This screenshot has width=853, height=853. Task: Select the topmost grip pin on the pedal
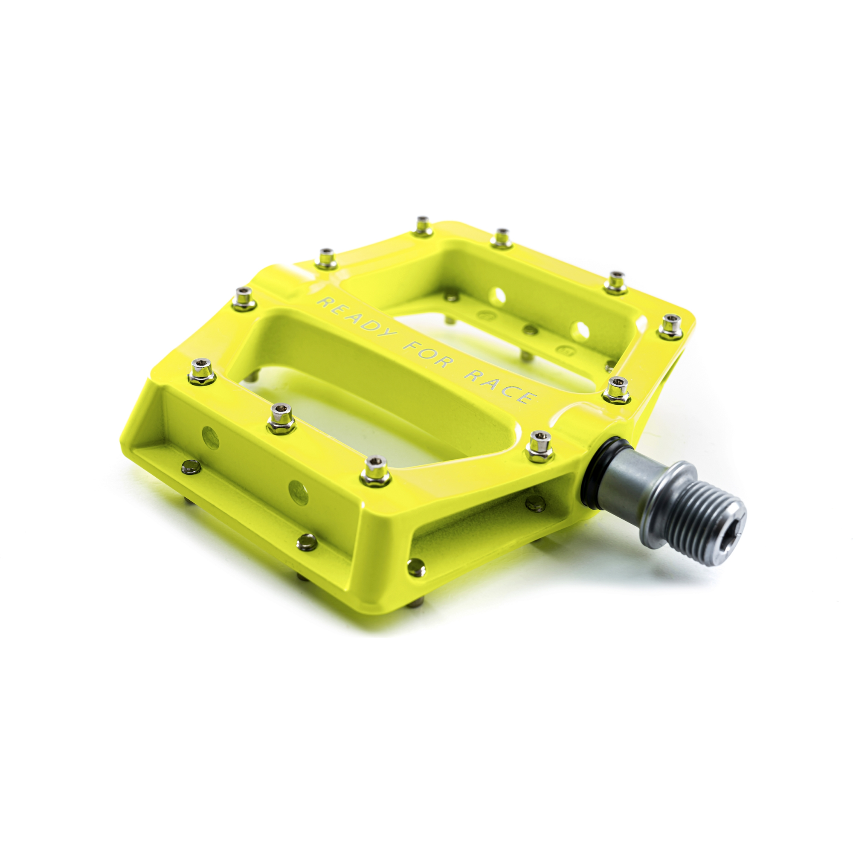[x=424, y=226]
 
